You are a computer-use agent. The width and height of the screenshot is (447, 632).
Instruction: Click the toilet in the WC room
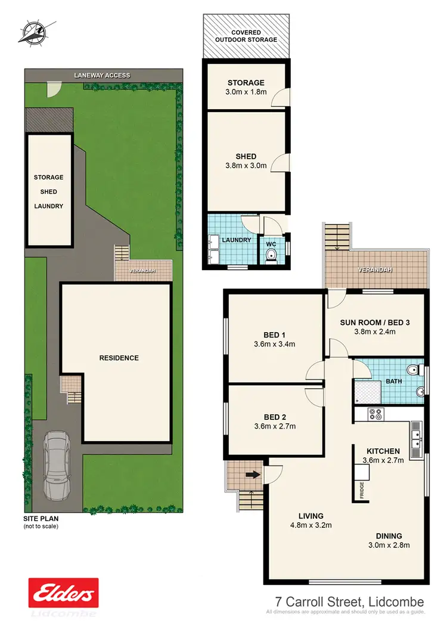click(272, 256)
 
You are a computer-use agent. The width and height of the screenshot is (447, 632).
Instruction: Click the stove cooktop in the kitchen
click(377, 412)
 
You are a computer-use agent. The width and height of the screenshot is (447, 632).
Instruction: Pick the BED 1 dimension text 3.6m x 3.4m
click(275, 344)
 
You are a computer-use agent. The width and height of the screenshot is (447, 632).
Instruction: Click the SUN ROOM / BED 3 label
click(375, 323)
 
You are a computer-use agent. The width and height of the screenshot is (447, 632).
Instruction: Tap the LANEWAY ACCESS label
click(102, 76)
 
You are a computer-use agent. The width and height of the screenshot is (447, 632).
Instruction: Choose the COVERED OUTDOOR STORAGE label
click(246, 35)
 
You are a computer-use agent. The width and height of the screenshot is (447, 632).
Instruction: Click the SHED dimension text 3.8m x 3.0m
click(246, 166)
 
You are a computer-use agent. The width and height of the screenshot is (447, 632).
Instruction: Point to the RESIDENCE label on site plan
click(119, 358)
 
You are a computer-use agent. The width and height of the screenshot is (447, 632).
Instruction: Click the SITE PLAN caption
click(41, 519)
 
